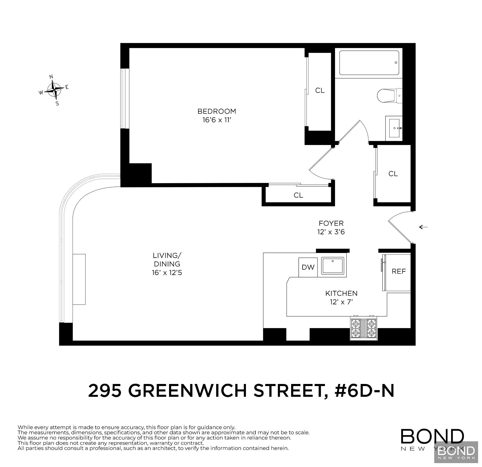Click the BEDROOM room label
tap(217, 111)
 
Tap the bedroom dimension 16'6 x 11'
tap(217, 120)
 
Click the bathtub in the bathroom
tap(369, 63)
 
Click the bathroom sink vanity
tap(394, 128)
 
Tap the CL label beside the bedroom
tap(320, 90)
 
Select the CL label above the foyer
tap(298, 195)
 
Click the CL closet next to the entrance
tap(393, 174)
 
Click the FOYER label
tap(331, 223)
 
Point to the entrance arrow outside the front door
tap(423, 227)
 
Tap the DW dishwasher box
tap(308, 267)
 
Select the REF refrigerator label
tap(399, 271)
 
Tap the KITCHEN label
tap(341, 293)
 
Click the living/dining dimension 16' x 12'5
tap(167, 273)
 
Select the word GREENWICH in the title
tap(187, 391)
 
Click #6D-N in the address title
tap(364, 391)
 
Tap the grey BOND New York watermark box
tap(456, 452)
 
